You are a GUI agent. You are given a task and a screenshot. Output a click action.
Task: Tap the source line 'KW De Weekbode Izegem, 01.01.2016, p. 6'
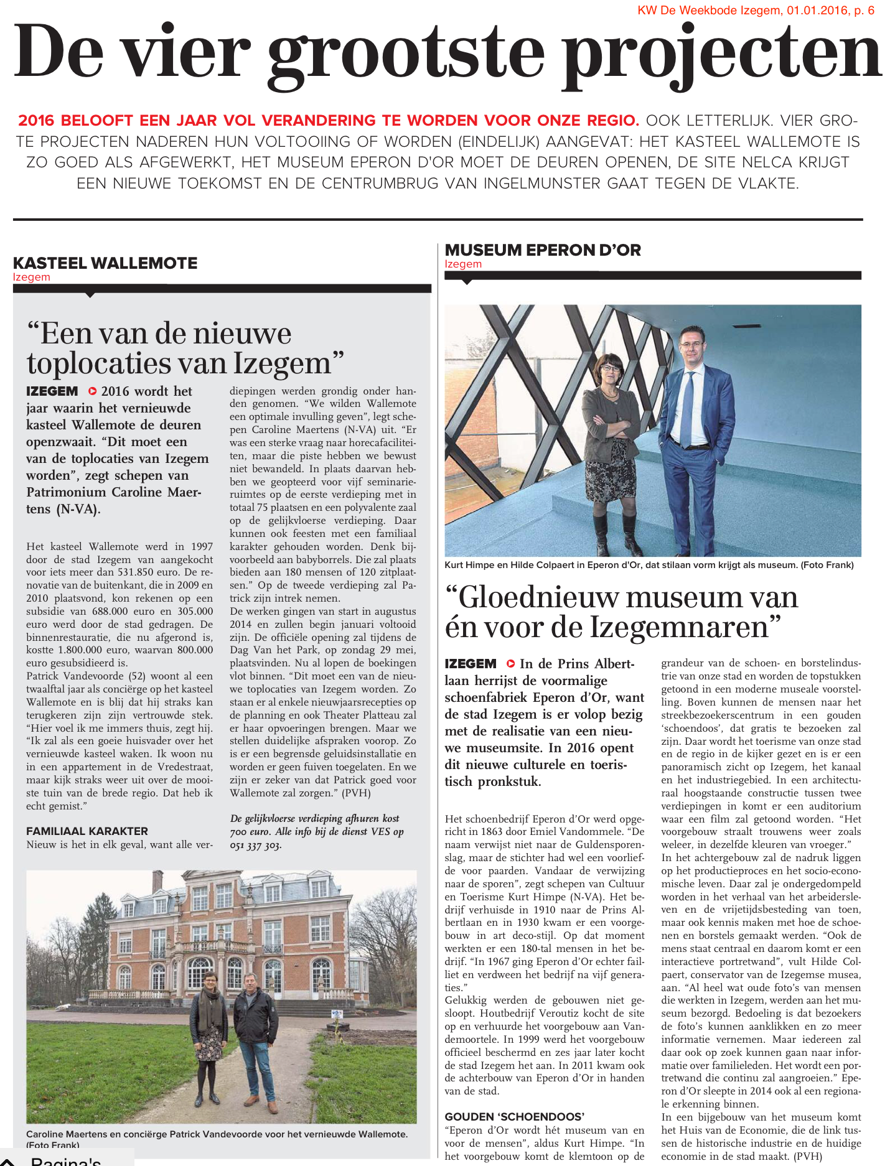[756, 10]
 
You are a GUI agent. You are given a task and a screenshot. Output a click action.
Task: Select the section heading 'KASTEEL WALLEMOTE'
[105, 263]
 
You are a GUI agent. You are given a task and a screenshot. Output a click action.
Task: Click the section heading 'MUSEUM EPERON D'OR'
[543, 250]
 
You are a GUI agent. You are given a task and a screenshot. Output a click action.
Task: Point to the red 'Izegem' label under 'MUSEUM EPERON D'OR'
[463, 264]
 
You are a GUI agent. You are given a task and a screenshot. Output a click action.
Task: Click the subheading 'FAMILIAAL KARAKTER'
[87, 831]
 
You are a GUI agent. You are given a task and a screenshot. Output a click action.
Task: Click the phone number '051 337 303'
[256, 845]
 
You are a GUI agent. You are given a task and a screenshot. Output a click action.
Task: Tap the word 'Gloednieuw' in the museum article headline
[539, 597]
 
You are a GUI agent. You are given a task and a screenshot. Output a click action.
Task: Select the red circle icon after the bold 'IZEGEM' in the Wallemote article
[93, 391]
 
